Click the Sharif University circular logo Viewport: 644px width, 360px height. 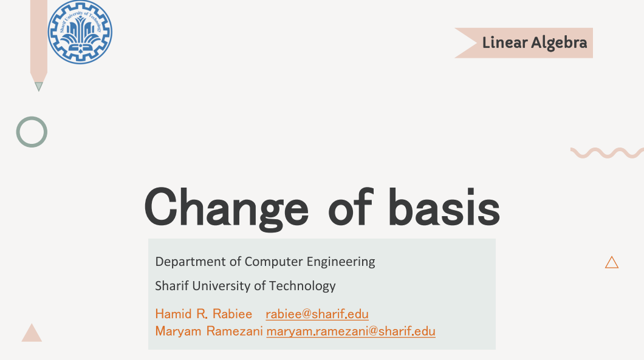tap(80, 32)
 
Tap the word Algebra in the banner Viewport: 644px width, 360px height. tap(559, 43)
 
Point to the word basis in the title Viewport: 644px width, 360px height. tap(444, 207)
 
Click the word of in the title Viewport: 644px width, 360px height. tap(351, 207)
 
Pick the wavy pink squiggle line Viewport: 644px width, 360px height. tap(607, 153)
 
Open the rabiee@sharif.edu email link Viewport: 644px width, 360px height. tap(317, 314)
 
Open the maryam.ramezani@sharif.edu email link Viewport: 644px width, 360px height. tap(351, 331)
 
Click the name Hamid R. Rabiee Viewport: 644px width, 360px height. tap(204, 314)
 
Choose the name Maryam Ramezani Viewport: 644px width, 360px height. tap(208, 331)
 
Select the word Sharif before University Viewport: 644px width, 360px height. tap(172, 286)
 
